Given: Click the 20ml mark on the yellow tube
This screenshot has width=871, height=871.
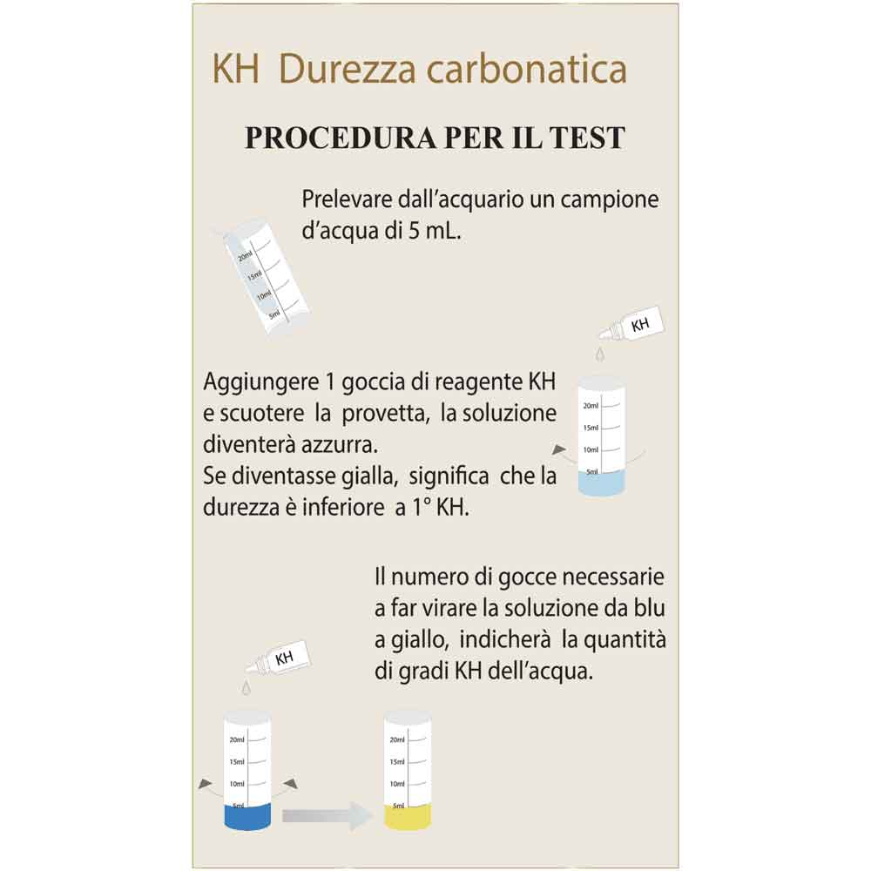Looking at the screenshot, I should click(398, 740).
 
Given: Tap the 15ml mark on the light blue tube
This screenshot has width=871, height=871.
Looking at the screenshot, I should click(591, 429).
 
